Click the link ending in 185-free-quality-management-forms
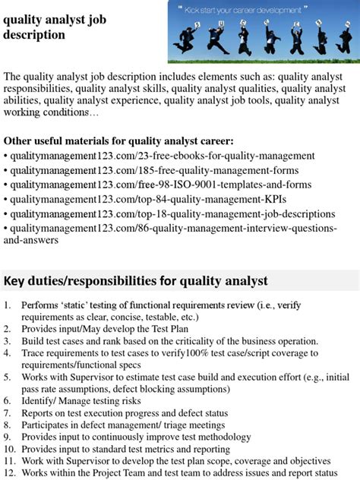(x=155, y=170)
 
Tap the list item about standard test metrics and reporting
(x=125, y=449)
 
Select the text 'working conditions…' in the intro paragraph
(x=51, y=113)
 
